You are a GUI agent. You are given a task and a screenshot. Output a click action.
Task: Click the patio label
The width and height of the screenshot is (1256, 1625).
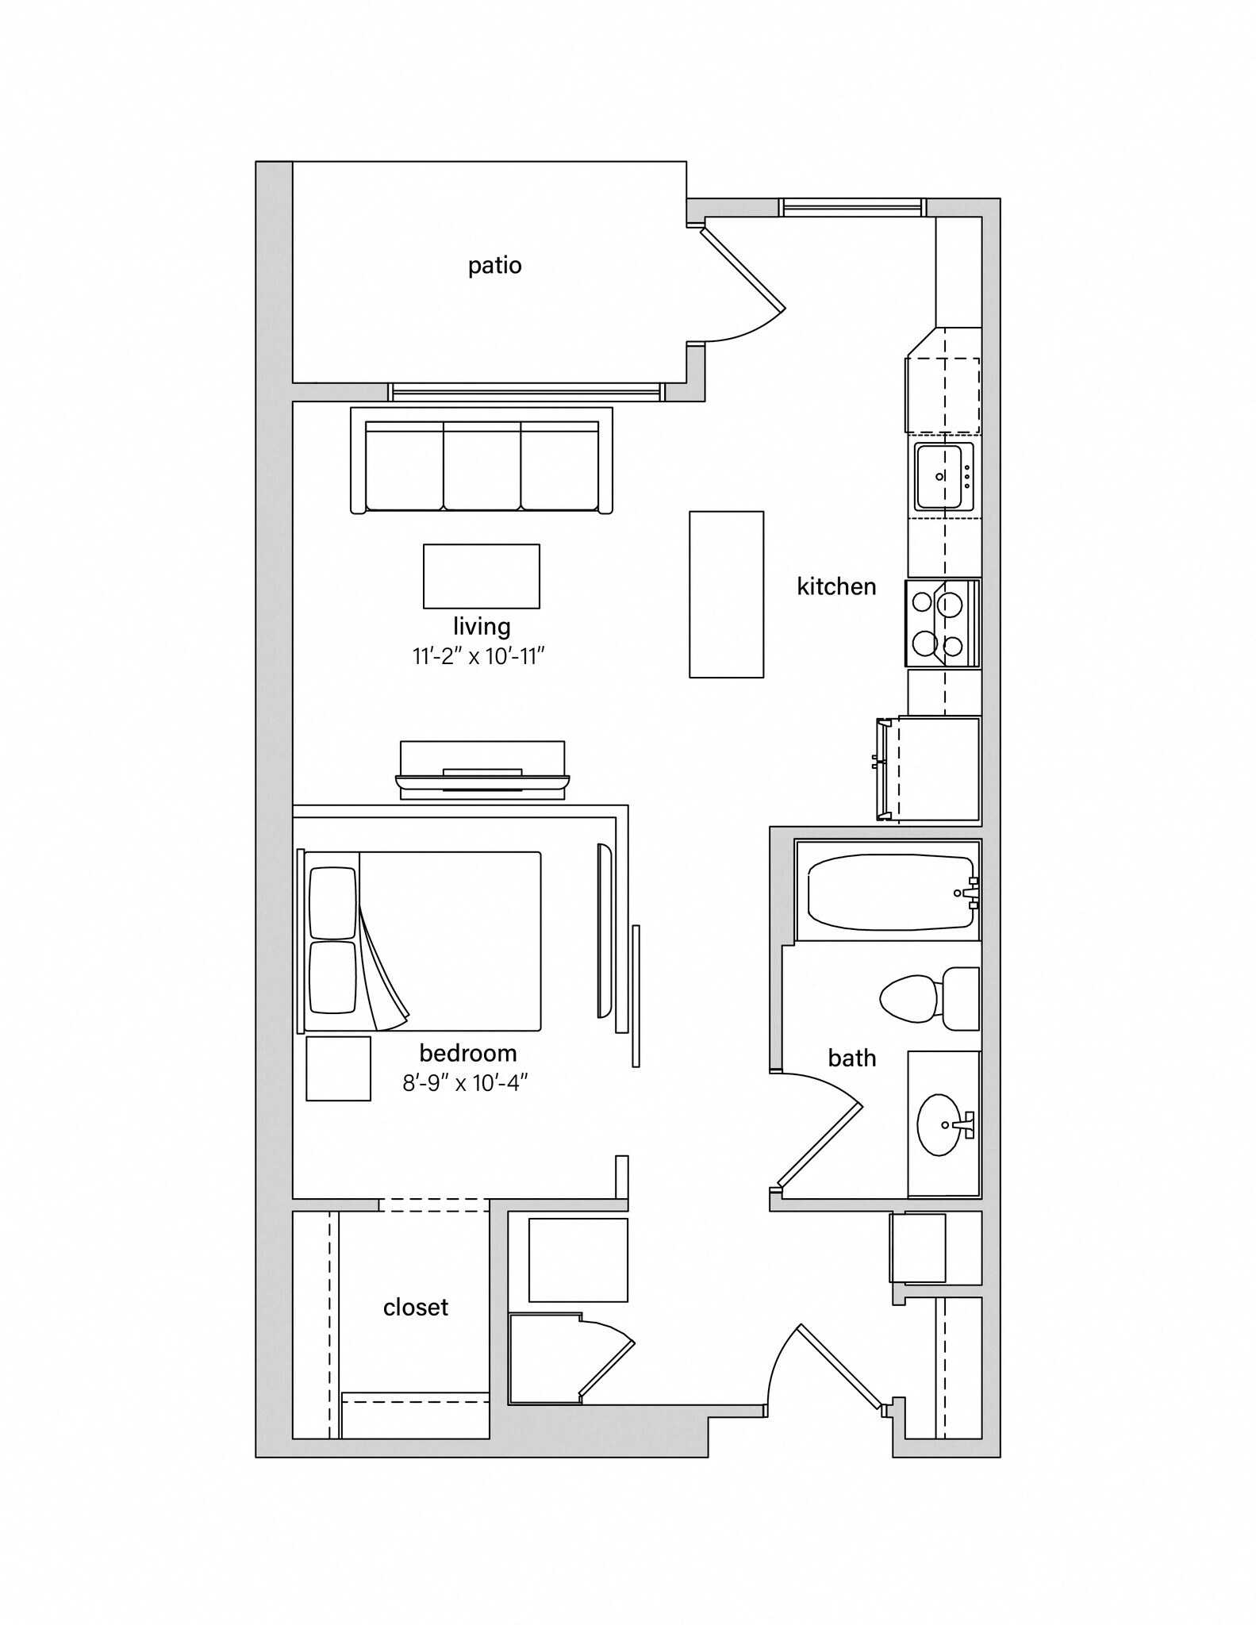pyautogui.click(x=494, y=265)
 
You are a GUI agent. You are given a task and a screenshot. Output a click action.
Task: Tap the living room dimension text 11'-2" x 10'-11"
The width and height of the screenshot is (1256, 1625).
pyautogui.click(x=478, y=657)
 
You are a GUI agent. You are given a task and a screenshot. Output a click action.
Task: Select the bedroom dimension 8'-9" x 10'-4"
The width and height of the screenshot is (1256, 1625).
pyautogui.click(x=465, y=1082)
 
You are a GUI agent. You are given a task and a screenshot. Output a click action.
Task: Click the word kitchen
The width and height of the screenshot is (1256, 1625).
pyautogui.click(x=836, y=587)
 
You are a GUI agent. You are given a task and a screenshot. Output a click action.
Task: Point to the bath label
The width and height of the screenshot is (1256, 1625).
pyautogui.click(x=851, y=1058)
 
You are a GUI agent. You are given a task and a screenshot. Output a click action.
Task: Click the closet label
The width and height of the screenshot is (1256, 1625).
pyautogui.click(x=416, y=1308)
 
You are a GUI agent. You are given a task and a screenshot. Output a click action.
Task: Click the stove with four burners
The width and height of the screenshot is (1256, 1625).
pyautogui.click(x=943, y=623)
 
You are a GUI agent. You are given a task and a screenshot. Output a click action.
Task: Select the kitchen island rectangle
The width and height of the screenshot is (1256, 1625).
pyautogui.click(x=726, y=594)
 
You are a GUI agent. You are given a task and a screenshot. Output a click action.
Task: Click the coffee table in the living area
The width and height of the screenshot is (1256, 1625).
pyautogui.click(x=482, y=576)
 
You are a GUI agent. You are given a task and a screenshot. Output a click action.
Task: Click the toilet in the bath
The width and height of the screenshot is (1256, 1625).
pyautogui.click(x=928, y=999)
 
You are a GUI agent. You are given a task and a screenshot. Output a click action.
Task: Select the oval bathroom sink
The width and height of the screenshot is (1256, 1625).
pyautogui.click(x=942, y=1124)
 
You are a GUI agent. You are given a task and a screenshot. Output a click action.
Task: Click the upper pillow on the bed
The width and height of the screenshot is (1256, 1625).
pyautogui.click(x=332, y=903)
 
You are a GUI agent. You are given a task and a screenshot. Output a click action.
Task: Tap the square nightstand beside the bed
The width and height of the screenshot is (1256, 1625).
pyautogui.click(x=339, y=1068)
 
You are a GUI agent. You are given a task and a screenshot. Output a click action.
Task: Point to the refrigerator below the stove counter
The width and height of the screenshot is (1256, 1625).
pyautogui.click(x=936, y=768)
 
